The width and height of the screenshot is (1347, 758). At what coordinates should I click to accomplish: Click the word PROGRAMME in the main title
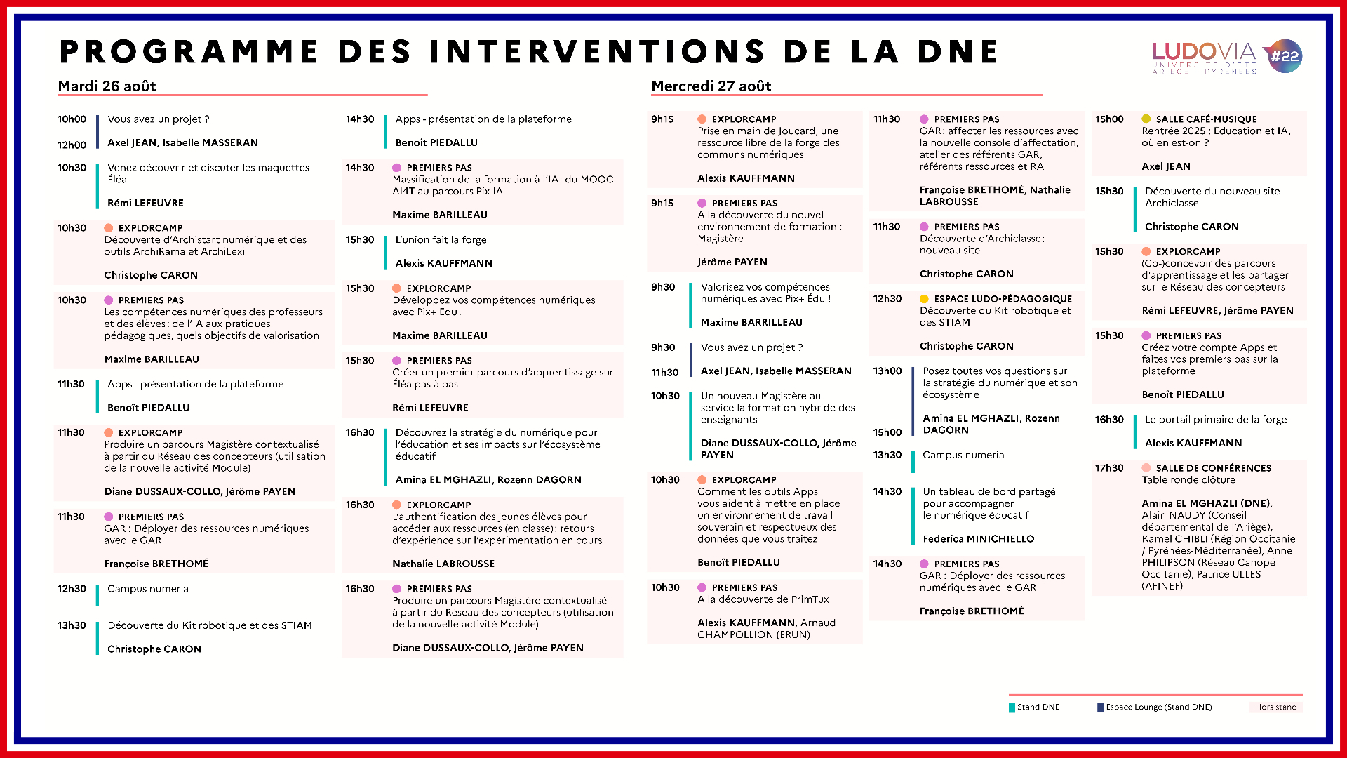click(x=189, y=52)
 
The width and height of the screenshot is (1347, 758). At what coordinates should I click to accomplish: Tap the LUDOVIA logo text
click(x=1203, y=52)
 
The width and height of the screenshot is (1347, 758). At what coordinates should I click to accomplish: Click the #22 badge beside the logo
click(x=1285, y=56)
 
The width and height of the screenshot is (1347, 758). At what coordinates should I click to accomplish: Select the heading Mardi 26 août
click(x=107, y=86)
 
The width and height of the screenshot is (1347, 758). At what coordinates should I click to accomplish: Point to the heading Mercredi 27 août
click(x=711, y=86)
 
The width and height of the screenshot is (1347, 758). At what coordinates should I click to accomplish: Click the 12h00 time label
click(x=72, y=145)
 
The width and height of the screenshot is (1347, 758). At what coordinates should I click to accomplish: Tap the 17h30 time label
click(x=1109, y=468)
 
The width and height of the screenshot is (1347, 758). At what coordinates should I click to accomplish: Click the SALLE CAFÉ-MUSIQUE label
click(x=1206, y=119)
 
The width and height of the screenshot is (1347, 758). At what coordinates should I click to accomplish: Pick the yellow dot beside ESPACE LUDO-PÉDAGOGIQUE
click(x=924, y=299)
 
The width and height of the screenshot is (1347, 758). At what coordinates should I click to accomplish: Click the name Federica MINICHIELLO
click(x=978, y=539)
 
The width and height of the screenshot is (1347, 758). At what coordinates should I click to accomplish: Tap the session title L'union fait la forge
click(x=441, y=240)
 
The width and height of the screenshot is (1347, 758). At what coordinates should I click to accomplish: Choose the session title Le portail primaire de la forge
click(x=1216, y=420)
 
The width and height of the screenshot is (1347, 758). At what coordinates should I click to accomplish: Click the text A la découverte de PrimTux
click(x=763, y=599)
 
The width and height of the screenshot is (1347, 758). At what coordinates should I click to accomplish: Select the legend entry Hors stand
click(x=1275, y=707)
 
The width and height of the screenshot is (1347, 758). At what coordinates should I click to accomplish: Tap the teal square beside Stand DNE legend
click(x=1012, y=707)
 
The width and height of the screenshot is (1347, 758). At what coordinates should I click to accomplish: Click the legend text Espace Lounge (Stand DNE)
click(x=1158, y=707)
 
